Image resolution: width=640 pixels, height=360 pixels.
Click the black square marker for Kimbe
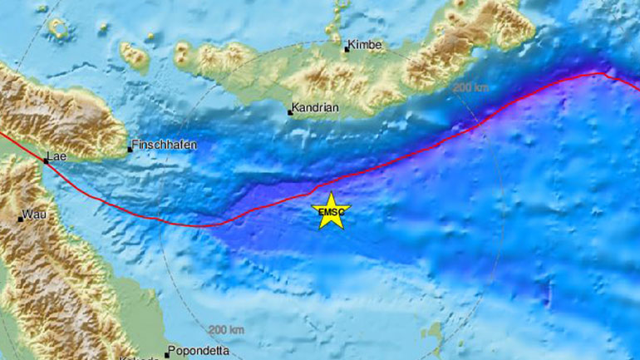click(347, 50)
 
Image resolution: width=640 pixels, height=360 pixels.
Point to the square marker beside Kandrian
click(290, 111)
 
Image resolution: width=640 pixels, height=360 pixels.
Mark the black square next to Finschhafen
click(130, 150)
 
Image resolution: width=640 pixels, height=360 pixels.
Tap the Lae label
click(56, 155)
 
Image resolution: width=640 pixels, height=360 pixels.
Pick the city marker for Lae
click(46, 161)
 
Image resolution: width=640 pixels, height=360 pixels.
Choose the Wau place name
click(33, 215)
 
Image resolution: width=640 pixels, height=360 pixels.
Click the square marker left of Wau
click(20, 219)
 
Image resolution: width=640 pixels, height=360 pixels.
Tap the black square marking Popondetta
click(167, 354)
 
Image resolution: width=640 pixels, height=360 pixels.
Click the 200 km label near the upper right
click(470, 87)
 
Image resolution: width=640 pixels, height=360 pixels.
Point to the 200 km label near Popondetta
click(226, 330)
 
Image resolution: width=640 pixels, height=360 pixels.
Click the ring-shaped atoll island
click(59, 29)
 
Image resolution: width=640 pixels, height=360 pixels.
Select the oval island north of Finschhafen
click(133, 56)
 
